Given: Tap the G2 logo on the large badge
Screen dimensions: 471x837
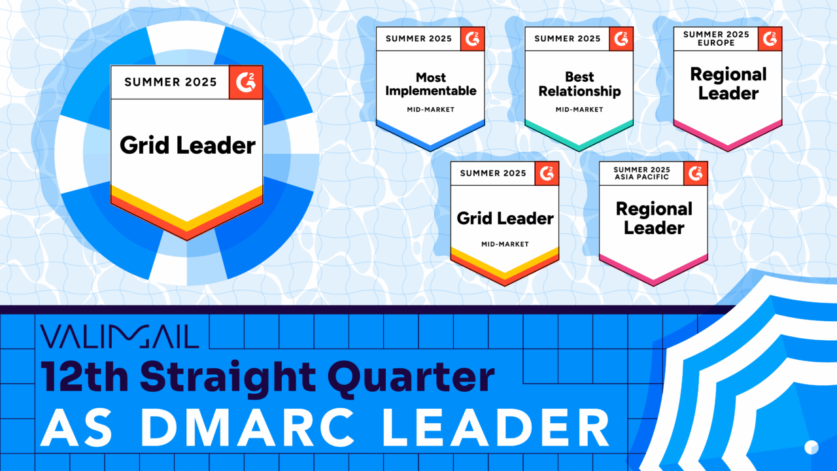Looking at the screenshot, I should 247,82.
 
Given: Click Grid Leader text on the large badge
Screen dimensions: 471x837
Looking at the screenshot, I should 187,145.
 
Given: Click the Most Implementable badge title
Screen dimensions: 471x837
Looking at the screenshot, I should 430,84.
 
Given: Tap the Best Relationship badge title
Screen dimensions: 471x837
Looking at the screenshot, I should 579,84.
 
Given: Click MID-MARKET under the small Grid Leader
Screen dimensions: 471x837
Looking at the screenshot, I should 504,244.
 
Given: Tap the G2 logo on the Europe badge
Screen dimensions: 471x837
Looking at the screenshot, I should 770,39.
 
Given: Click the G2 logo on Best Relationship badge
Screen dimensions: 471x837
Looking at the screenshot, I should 621,39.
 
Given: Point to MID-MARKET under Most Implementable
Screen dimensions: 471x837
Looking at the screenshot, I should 430,109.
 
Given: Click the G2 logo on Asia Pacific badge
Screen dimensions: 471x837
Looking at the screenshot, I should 696,173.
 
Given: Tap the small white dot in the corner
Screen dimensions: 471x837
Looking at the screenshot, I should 811,447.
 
